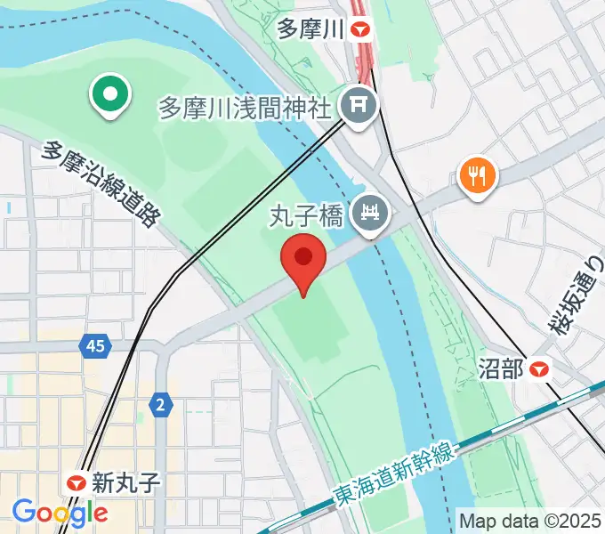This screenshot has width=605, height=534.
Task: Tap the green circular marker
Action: coord(109,95)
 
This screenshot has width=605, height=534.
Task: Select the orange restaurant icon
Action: coord(477,175)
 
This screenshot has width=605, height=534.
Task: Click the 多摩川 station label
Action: coord(310,30)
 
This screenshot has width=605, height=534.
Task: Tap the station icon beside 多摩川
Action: coord(360,30)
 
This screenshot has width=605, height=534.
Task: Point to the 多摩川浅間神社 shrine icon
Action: coord(361,107)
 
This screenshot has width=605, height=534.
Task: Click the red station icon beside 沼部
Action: coord(539,368)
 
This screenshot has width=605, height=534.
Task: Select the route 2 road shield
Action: coord(160,405)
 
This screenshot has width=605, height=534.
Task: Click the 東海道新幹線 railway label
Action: coord(394,473)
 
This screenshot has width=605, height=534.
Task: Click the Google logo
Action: coord(60,512)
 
